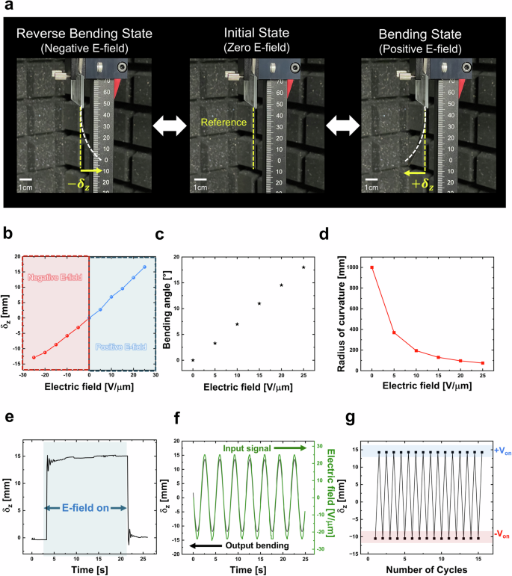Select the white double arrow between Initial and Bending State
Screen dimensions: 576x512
(341, 121)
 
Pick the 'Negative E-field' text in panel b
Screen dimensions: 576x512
(55, 277)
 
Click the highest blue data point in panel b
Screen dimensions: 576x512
(144, 267)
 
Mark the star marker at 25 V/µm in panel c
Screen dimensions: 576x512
(303, 267)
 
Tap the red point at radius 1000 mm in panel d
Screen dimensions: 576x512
(371, 267)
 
